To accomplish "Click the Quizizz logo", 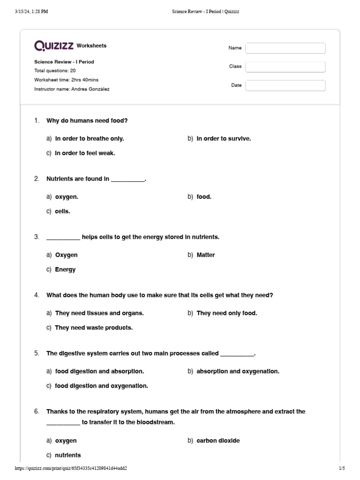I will pos(54,45).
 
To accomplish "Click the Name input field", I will pos(285,48).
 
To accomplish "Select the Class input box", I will pos(285,67).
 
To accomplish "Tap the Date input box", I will pos(285,85).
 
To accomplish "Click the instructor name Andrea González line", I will pos(72,89).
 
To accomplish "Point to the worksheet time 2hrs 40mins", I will pos(67,80).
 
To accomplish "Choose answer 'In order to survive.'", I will pos(224,139).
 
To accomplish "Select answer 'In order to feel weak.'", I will pos(85,153).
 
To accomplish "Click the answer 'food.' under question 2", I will pos(204,197).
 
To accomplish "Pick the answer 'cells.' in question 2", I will pos(62,211).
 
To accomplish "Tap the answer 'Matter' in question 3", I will pos(206,255).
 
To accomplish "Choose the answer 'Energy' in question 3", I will pos(65,270).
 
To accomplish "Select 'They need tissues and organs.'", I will pos(99,313).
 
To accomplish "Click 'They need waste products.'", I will pos(94,328).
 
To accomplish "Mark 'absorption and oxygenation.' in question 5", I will pos(238,371).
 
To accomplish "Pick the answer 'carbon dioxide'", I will pos(218,441).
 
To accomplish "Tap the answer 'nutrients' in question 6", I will pos(68,455).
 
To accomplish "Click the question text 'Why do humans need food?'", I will pos(87,121).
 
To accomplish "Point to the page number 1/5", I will pos(341,468).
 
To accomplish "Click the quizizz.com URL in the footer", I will pos(71,468).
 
